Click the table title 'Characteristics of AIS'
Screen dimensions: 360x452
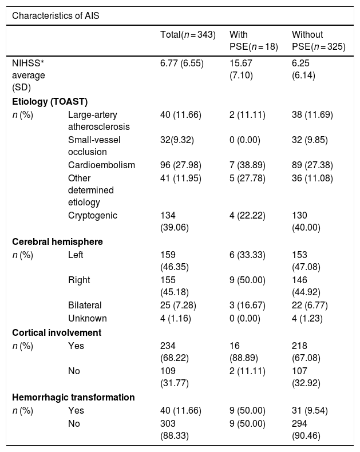pyautogui.click(x=56, y=15)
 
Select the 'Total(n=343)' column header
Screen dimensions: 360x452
pyautogui.click(x=188, y=34)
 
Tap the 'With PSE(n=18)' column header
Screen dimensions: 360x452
pyautogui.click(x=254, y=41)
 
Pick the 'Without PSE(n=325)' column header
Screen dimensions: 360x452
pyautogui.click(x=319, y=41)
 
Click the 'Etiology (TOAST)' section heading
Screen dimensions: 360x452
pyautogui.click(x=50, y=101)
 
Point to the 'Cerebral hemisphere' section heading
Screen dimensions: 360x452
pyautogui.click(x=57, y=241)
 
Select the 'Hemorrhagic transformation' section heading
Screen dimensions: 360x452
pyautogui.click(x=73, y=397)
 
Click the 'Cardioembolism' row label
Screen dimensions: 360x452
pyautogui.click(x=101, y=165)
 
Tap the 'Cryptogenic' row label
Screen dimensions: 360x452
pyautogui.click(x=93, y=216)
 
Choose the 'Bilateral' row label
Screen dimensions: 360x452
pyautogui.click(x=85, y=305)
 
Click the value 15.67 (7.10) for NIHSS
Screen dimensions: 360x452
pyautogui.click(x=241, y=69)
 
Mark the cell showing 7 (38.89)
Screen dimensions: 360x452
pyautogui.click(x=247, y=165)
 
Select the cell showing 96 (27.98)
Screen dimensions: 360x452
pyautogui.click(x=181, y=165)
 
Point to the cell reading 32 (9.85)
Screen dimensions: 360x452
pyautogui.click(x=310, y=140)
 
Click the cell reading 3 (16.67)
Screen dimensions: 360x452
pyautogui.click(x=247, y=306)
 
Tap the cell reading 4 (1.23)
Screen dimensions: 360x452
pyautogui.click(x=307, y=319)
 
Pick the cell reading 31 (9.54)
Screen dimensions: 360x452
pyautogui.click(x=310, y=411)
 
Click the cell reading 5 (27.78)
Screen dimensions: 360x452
pyautogui.click(x=247, y=179)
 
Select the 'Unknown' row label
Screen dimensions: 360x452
pyautogui.click(x=88, y=318)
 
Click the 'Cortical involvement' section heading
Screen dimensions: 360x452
pyautogui.click(x=57, y=332)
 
